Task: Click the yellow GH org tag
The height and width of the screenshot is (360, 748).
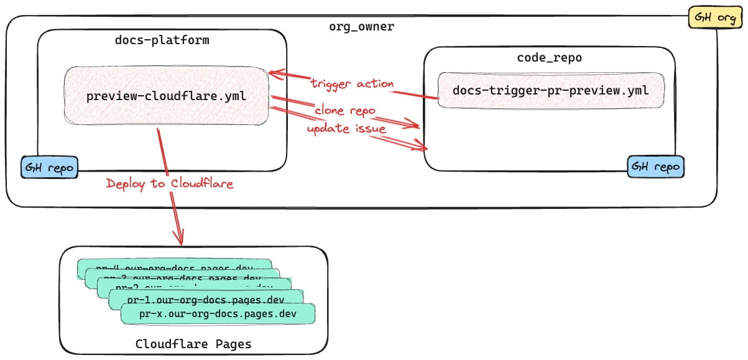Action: pos(714,17)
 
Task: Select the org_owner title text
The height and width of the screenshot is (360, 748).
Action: pos(361,27)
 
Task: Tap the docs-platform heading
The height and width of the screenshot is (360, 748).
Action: pos(162,40)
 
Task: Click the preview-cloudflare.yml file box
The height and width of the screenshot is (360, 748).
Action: pos(166,96)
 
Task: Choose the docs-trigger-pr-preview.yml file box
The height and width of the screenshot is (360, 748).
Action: pos(550,91)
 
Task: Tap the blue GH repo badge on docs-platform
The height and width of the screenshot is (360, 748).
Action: pos(50,168)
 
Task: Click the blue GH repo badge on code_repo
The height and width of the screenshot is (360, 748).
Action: pos(656,167)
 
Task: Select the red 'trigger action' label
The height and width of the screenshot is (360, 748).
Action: pos(353,83)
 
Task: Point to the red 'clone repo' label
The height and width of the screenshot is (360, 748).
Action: pos(345,111)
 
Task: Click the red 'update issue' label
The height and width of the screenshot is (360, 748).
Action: pos(346,129)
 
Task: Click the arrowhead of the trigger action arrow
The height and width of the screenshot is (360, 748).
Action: pos(274,73)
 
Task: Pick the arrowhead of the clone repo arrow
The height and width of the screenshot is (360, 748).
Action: pos(415,126)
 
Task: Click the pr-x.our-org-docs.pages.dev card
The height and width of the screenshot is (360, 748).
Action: pos(218,313)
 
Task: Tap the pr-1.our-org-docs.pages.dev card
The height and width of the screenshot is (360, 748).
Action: pos(205,300)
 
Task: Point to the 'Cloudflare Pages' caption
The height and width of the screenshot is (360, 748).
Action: pos(193,344)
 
